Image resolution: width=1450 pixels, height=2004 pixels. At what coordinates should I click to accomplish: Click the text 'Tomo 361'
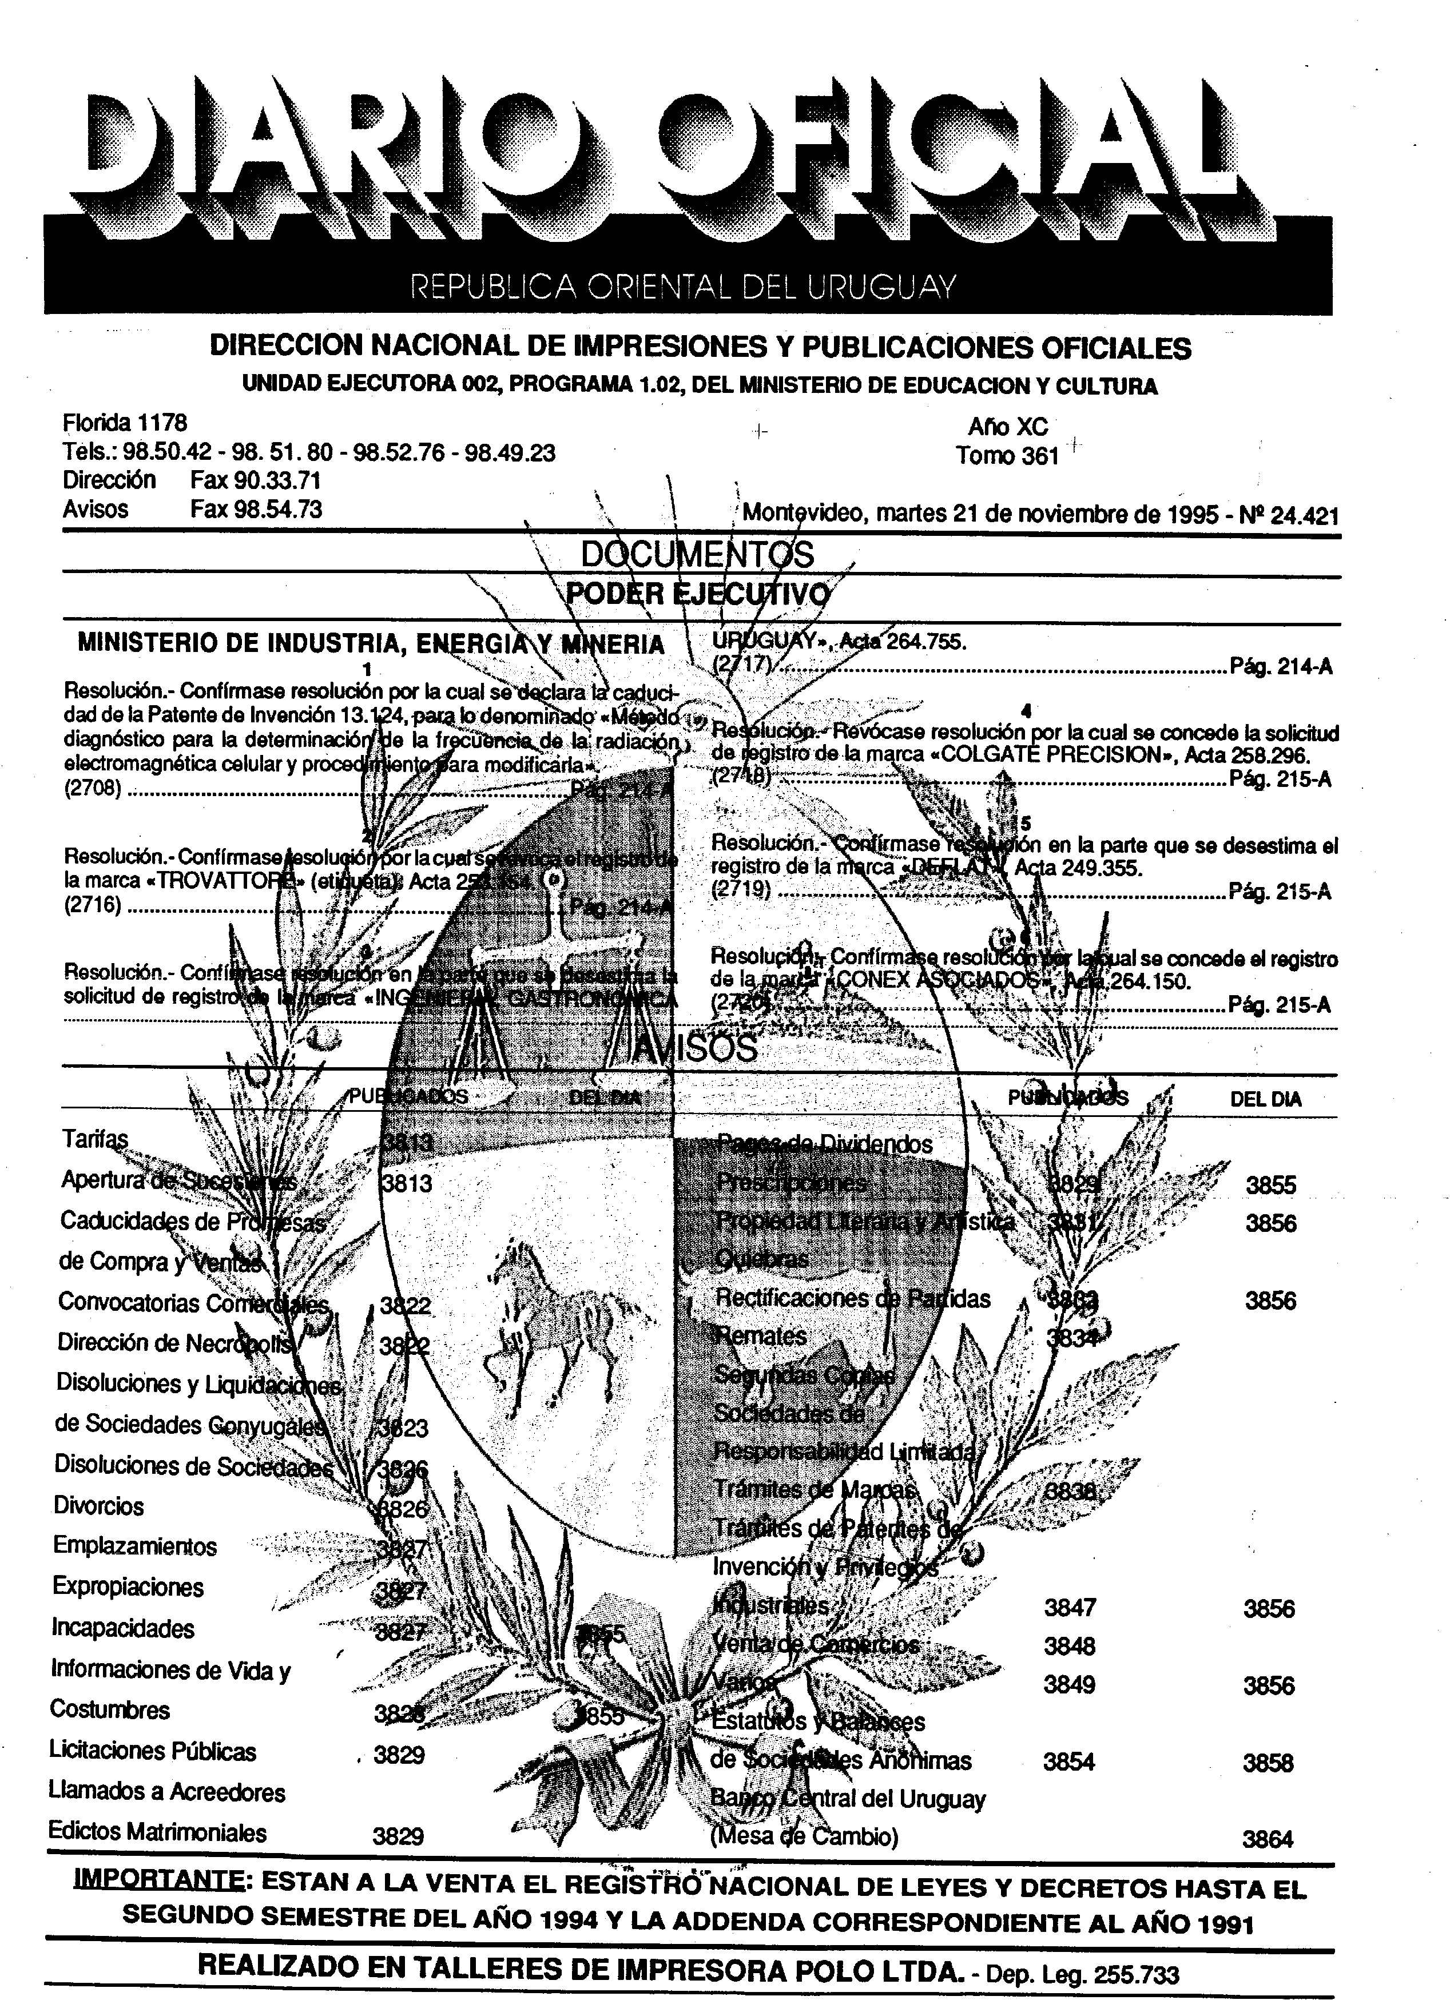coord(1007,456)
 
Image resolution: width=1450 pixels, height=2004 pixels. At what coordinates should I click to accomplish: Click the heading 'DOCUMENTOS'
coord(697,555)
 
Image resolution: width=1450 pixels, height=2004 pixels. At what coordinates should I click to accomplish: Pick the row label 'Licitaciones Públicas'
coord(153,1751)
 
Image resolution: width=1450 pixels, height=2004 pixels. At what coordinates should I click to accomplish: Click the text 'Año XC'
coord(1007,427)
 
